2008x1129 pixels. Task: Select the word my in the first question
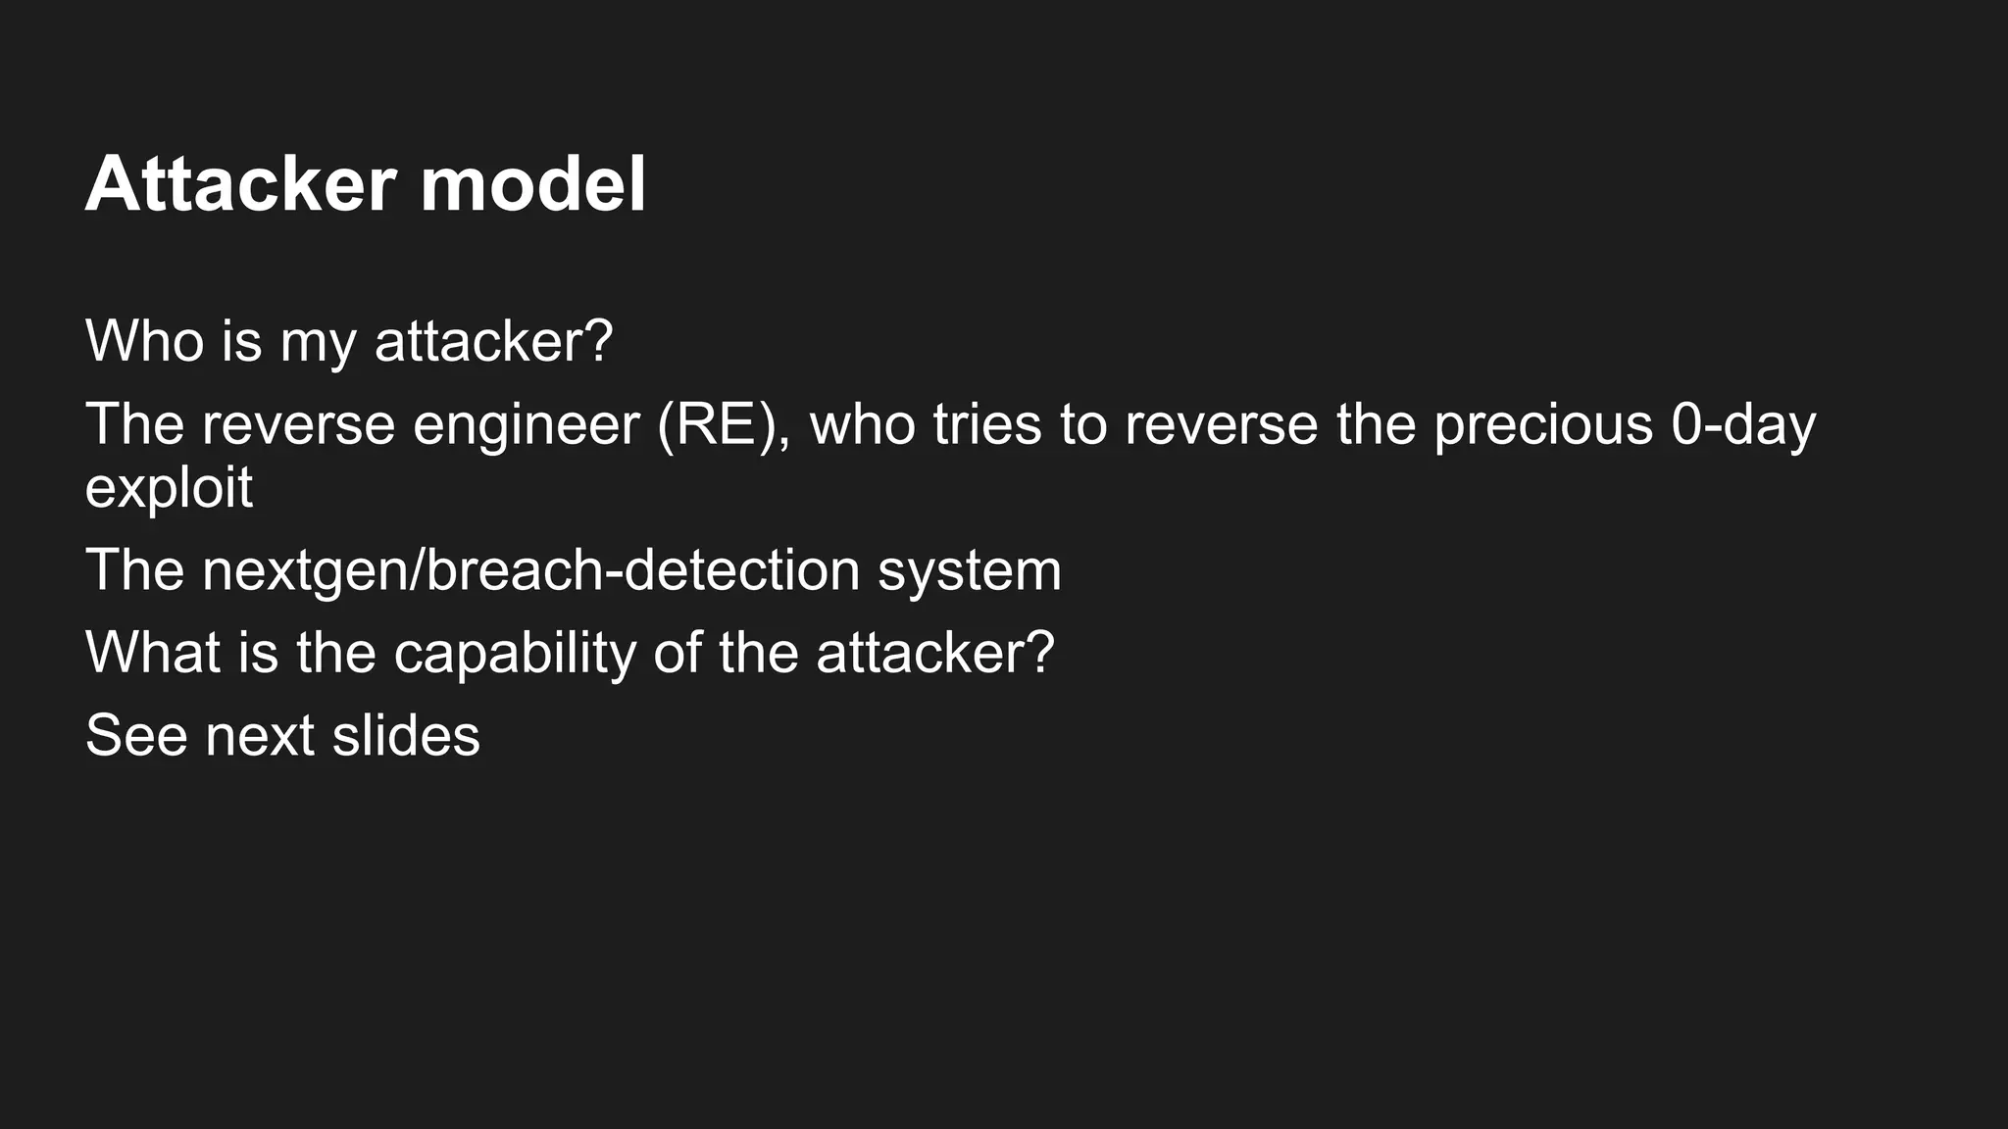point(318,342)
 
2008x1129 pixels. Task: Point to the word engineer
point(526,425)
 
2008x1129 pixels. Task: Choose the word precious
point(1543,425)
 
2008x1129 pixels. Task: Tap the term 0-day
point(1743,425)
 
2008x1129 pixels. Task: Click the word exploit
point(169,488)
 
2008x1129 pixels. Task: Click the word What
point(152,652)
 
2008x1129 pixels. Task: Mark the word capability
point(515,654)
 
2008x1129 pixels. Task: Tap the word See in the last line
point(136,735)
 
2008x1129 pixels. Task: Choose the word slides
point(406,735)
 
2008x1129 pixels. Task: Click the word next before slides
point(260,737)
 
